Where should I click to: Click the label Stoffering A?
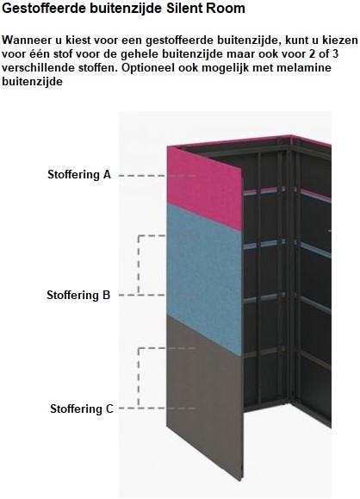coord(79,174)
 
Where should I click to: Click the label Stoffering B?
coord(78,295)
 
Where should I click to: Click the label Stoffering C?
coord(82,409)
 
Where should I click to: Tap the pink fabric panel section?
coord(203,188)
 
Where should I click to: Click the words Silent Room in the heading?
coord(206,9)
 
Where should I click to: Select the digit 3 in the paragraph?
coord(335,53)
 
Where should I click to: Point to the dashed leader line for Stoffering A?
coord(157,176)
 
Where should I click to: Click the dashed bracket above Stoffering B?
coord(139,265)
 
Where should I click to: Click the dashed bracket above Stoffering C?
coord(139,378)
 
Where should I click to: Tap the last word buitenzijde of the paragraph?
coord(33,82)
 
